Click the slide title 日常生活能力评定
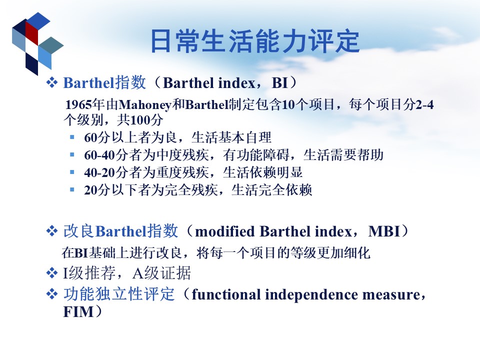pyautogui.click(x=255, y=41)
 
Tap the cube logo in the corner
pyautogui.click(x=37, y=43)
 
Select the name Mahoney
pyautogui.click(x=144, y=105)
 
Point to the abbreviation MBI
pyautogui.click(x=384, y=231)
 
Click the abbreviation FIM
pyautogui.click(x=78, y=312)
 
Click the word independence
pyautogui.click(x=311, y=294)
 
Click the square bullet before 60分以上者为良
pyautogui.click(x=72, y=137)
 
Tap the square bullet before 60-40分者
pyautogui.click(x=72, y=154)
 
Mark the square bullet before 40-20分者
pyautogui.click(x=72, y=172)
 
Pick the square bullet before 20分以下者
pyautogui.click(x=72, y=189)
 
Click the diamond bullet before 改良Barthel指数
pyautogui.click(x=51, y=231)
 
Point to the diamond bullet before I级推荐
pyautogui.click(x=51, y=273)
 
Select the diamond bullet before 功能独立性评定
pyautogui.click(x=51, y=294)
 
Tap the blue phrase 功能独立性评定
pyautogui.click(x=119, y=294)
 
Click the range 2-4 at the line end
pyautogui.click(x=424, y=104)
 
